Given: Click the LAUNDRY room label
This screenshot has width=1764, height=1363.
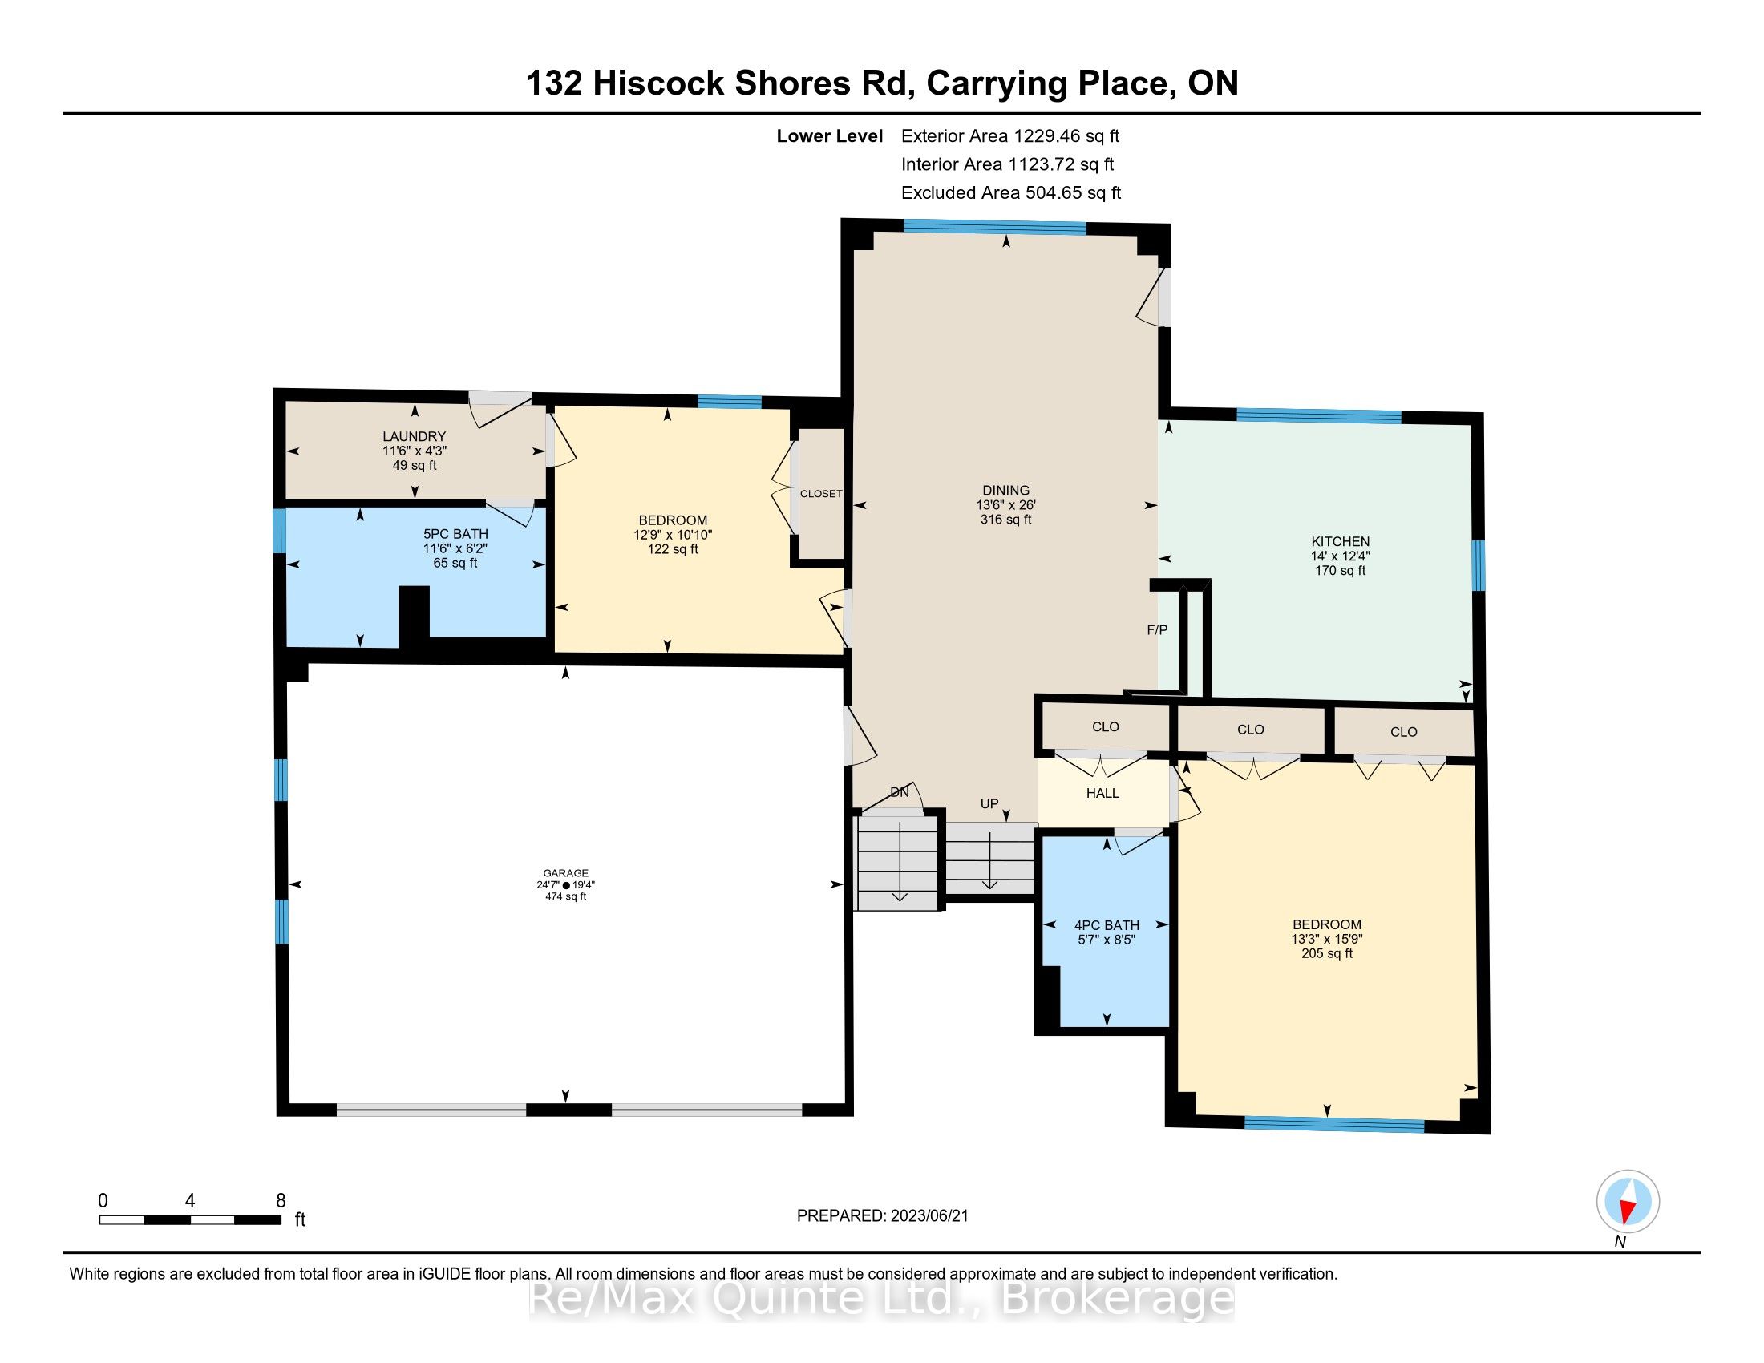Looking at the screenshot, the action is click(x=415, y=436).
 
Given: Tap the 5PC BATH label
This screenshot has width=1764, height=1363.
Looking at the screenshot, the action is click(x=455, y=534).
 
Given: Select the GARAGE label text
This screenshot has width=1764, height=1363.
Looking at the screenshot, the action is click(x=565, y=873).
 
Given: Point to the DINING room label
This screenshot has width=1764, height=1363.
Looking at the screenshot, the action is click(x=1005, y=490).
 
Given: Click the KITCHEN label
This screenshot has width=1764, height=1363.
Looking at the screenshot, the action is click(x=1340, y=542).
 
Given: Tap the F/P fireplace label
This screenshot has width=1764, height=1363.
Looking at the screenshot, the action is click(x=1157, y=630).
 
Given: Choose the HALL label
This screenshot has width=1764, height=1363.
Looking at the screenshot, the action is click(x=1102, y=793).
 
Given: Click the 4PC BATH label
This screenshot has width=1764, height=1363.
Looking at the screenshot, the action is click(x=1107, y=925).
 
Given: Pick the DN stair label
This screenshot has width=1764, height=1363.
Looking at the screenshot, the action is click(x=900, y=792).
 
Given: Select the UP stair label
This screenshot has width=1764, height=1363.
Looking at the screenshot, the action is click(x=989, y=803).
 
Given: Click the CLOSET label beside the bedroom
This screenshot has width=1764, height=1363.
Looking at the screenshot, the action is click(x=820, y=493).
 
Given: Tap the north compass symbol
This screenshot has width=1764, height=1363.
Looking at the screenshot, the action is click(x=1628, y=1202).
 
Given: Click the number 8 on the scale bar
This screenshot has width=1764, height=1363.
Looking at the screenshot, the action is click(x=281, y=1201).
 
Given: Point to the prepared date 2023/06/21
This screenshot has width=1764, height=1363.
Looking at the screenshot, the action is click(x=929, y=1216).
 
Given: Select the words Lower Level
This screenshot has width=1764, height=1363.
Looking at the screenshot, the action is click(x=830, y=135).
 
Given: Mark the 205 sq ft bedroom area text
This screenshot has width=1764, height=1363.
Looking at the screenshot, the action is click(x=1327, y=953).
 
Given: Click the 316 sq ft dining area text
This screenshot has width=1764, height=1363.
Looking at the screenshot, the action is click(x=1005, y=520).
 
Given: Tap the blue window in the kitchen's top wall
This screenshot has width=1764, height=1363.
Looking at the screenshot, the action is click(x=1319, y=416).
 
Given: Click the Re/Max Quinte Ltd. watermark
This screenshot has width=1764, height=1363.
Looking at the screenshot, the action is click(x=882, y=1299).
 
